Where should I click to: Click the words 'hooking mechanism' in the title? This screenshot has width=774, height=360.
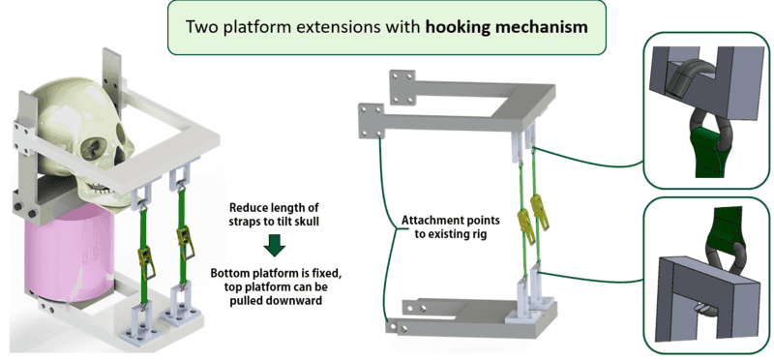[x=506, y=27]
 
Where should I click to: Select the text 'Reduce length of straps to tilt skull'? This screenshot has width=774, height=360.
[x=275, y=214]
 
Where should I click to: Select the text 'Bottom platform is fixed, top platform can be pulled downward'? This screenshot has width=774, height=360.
[x=276, y=285]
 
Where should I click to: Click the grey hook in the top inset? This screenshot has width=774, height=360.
[x=685, y=79]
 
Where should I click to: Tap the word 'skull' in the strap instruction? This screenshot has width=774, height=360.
[x=307, y=222]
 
